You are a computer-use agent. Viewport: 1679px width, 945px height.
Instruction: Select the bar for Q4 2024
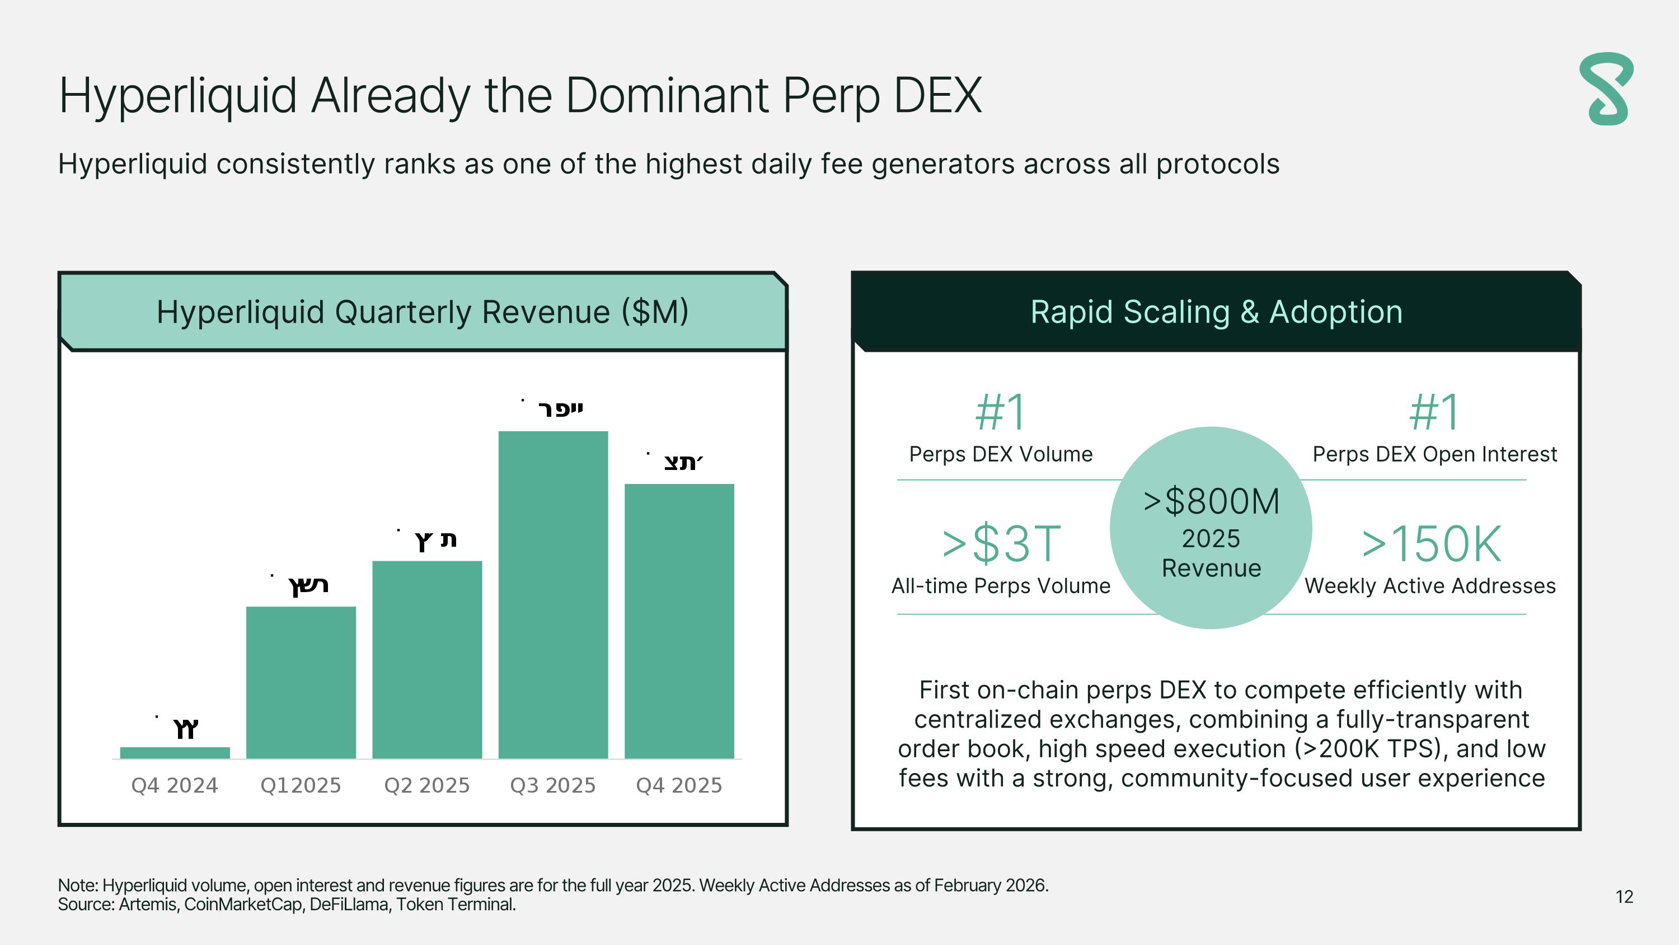click(175, 753)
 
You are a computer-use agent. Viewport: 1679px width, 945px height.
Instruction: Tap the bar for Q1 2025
click(301, 682)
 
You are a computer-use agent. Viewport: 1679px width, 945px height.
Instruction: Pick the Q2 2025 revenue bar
click(427, 659)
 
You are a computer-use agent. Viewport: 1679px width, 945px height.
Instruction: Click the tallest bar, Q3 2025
click(553, 594)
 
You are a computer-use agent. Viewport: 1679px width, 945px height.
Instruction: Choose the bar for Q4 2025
click(679, 621)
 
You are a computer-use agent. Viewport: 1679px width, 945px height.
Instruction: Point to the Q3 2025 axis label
click(553, 785)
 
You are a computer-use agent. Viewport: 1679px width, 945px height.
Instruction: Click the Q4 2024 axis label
click(175, 785)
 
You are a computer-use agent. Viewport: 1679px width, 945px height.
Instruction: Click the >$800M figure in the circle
click(1211, 501)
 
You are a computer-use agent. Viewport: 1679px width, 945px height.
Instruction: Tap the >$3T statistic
click(1001, 544)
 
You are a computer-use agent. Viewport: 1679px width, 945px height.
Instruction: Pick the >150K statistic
click(1431, 544)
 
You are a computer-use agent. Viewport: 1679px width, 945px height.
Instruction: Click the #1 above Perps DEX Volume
click(1001, 412)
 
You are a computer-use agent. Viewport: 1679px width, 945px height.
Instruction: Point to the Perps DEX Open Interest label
click(1434, 454)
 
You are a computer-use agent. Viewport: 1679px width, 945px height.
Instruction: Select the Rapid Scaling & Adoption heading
click(1216, 312)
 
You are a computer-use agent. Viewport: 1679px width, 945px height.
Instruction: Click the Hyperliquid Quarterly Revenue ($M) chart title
click(423, 312)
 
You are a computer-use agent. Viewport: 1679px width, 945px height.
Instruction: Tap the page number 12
click(1624, 897)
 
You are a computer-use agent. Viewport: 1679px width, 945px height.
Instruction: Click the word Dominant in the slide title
click(666, 96)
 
